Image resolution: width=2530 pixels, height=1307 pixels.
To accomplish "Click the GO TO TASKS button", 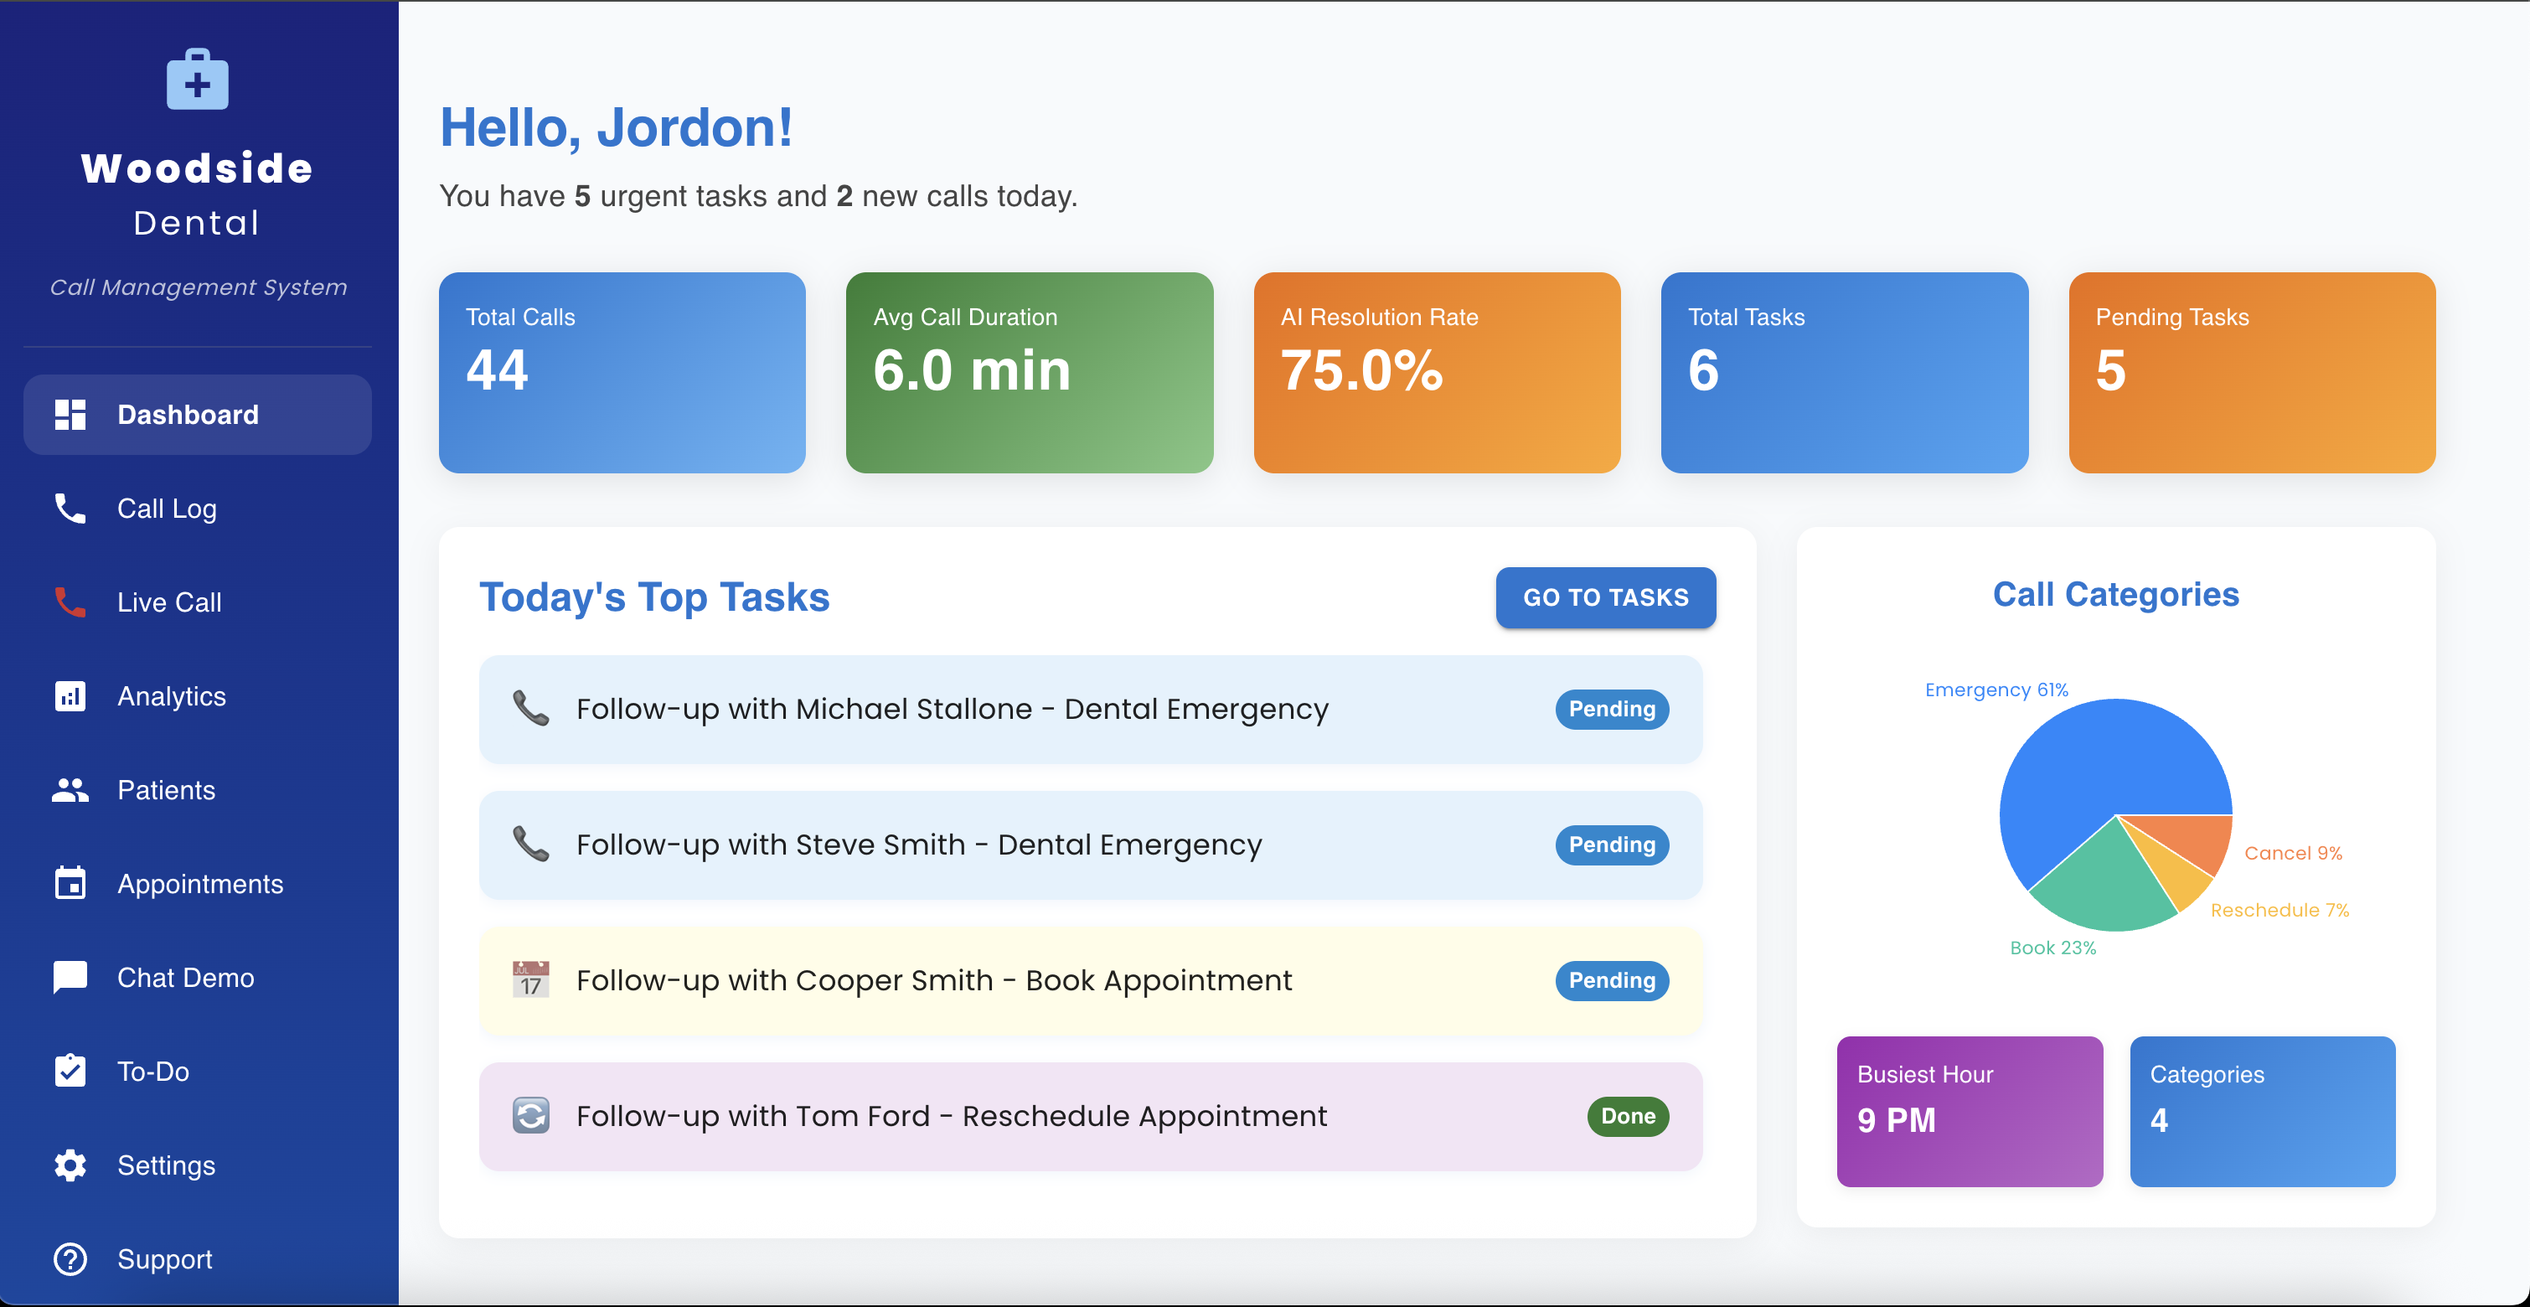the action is [1606, 597].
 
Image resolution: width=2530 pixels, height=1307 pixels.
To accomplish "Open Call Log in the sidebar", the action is [167, 509].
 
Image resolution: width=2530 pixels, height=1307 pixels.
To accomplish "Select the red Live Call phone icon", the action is [70, 602].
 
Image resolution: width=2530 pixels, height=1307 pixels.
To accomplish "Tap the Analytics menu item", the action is [172, 696].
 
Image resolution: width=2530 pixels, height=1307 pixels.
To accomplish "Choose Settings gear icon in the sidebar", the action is [70, 1165].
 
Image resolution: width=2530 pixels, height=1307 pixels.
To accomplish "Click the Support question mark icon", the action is [70, 1259].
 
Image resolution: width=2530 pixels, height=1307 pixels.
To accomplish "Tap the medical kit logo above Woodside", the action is [198, 79].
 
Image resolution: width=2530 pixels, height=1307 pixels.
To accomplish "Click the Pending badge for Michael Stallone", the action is [1612, 709].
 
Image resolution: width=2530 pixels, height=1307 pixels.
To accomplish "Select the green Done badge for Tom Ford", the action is [1628, 1117].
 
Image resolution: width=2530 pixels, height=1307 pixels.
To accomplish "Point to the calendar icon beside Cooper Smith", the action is [531, 979].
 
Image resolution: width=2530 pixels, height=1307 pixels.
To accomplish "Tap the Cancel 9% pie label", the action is [2293, 854].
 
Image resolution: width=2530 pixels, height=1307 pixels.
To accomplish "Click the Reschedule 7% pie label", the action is [2280, 910].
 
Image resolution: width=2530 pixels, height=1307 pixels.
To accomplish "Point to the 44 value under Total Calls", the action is [497, 370].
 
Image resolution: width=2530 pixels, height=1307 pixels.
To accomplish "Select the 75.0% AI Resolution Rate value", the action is [1361, 370].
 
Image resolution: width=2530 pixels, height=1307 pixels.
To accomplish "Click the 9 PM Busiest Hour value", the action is [1896, 1120].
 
